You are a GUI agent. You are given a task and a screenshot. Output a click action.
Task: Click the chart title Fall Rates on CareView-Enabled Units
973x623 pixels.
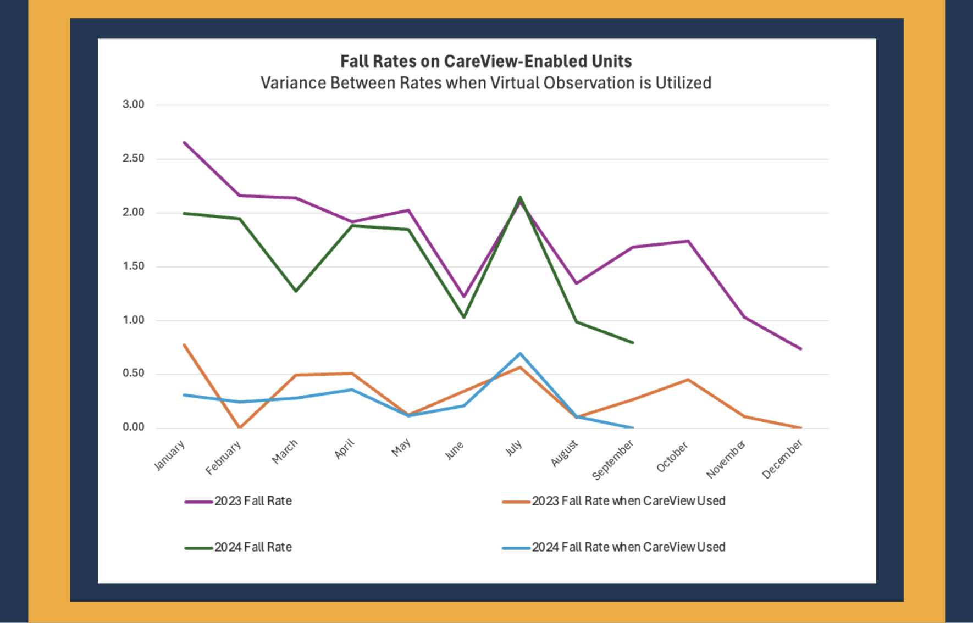coord(486,61)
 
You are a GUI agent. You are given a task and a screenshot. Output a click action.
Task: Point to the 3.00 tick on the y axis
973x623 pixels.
coord(133,104)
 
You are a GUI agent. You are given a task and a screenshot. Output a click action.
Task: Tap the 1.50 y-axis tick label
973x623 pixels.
coord(133,266)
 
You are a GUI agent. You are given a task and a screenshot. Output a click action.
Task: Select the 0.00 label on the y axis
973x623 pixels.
coord(133,427)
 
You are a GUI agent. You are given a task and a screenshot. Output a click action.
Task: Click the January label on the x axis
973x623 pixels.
coord(169,455)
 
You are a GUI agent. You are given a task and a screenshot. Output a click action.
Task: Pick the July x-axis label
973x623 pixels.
coord(514,448)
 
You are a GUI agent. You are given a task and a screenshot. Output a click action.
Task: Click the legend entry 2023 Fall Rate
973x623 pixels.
coord(253,501)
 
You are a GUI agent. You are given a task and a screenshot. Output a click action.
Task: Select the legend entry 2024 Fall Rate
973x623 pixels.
coord(253,547)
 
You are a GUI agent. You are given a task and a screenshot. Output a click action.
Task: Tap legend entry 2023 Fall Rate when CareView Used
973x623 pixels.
coord(628,501)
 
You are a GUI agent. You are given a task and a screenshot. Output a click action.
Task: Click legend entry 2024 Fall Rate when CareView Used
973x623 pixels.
coord(628,547)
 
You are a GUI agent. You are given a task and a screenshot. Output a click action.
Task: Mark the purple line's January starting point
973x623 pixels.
coord(184,142)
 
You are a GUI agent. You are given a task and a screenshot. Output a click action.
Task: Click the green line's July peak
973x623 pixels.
coord(520,197)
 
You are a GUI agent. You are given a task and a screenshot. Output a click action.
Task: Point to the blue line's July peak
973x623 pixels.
coord(520,354)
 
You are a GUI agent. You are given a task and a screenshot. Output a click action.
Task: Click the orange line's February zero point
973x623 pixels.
coord(240,427)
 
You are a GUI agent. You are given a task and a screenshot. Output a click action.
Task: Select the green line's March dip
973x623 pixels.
coord(296,291)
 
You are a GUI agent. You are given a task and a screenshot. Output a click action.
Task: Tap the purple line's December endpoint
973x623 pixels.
coord(800,349)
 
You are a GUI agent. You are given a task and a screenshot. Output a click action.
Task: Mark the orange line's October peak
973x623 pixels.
coord(688,380)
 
